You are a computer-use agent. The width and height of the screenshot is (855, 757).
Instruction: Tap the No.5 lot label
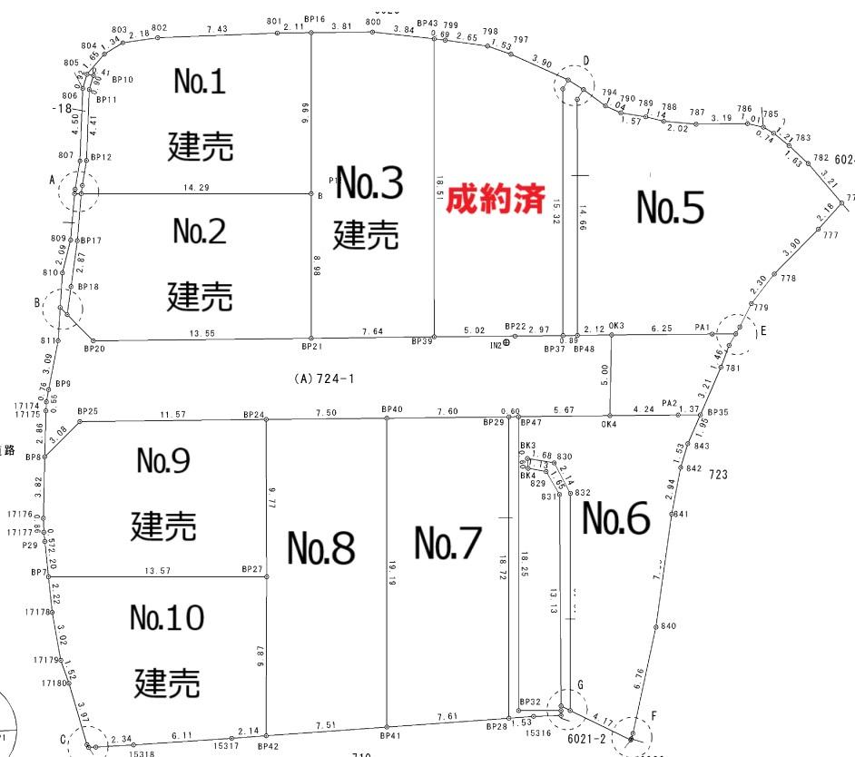tap(670, 208)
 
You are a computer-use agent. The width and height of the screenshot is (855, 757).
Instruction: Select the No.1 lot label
tap(200, 83)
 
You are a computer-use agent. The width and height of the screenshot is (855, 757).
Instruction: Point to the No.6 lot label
tap(615, 519)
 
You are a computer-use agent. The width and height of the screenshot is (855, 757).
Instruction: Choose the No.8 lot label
tap(321, 547)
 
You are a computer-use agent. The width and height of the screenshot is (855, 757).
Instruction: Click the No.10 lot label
tap(167, 619)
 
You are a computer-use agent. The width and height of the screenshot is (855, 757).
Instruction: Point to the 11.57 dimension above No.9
tap(173, 414)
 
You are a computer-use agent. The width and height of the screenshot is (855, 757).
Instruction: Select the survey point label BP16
tap(315, 19)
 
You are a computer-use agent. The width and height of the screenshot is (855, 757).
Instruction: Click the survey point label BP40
tap(392, 409)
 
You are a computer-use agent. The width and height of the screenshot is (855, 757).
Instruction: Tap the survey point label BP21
tap(312, 347)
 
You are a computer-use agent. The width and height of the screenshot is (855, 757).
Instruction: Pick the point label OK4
tap(608, 424)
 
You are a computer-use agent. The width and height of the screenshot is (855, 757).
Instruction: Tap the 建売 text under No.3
tap(366, 235)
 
